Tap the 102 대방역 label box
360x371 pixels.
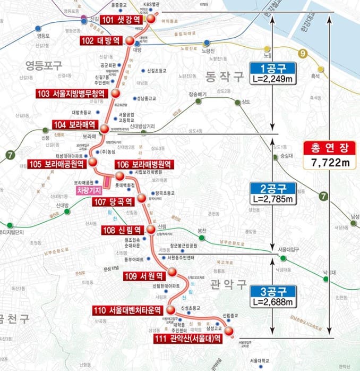pyautogui.click(x=101, y=41)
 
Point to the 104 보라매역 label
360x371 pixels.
pyautogui.click(x=74, y=125)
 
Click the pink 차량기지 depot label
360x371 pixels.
pyautogui.click(x=88, y=190)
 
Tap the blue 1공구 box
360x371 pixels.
pyautogui.click(x=271, y=69)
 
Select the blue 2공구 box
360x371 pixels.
pyautogui.click(x=271, y=188)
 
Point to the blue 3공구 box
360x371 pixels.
pyautogui.click(x=271, y=291)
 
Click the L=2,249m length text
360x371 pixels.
pyautogui.click(x=271, y=80)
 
